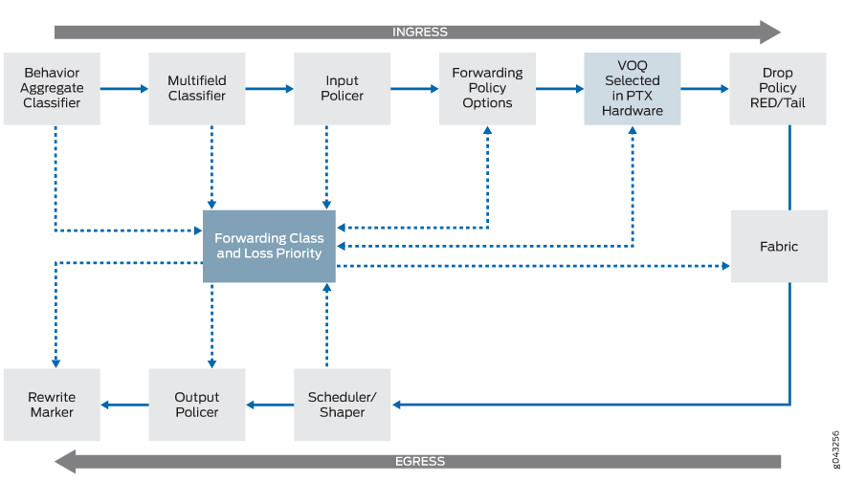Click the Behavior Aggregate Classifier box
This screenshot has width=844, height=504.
52,89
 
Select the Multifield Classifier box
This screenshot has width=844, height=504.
197,89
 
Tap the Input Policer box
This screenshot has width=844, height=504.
343,89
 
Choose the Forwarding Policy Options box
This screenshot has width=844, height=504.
487,89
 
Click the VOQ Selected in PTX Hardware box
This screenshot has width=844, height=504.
633,89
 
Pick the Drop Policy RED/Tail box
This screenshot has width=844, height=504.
778,89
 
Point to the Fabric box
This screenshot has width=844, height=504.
779,247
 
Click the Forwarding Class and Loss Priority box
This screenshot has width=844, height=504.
269,247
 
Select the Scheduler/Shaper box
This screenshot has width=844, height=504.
343,405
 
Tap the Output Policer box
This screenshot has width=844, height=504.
197,405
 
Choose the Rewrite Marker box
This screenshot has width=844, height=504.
52,405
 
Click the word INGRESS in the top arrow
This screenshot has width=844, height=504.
419,32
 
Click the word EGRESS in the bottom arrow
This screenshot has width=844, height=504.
419,461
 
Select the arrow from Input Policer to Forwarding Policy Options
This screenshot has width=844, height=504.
414,89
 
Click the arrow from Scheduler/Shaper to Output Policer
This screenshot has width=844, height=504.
270,405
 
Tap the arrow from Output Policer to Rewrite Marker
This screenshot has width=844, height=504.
124,405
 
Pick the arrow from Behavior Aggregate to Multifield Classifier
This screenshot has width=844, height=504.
124,89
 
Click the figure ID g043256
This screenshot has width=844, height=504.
835,449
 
